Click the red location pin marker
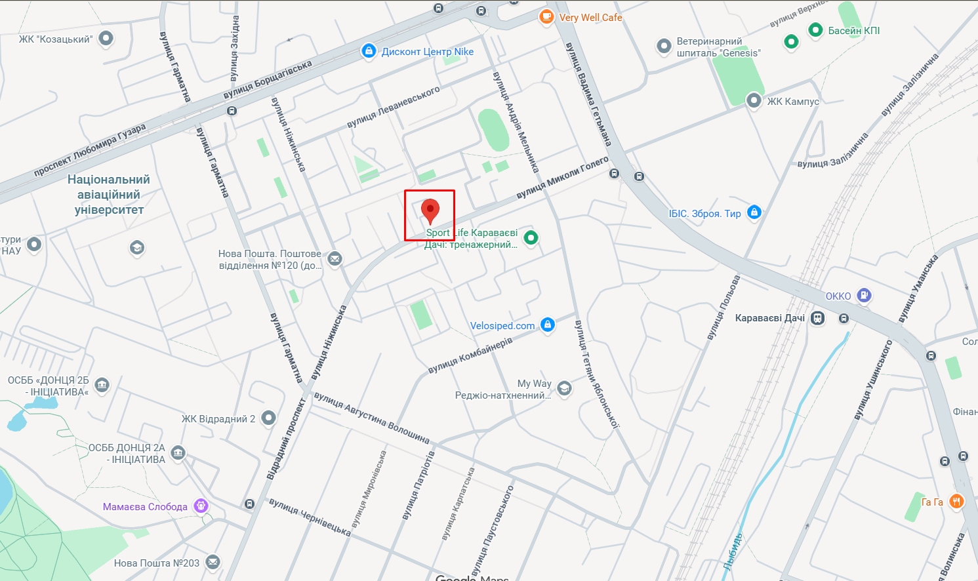(430, 211)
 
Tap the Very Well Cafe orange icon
(546, 17)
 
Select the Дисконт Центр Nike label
(427, 52)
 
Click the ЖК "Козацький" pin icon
(106, 39)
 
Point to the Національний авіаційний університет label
(109, 195)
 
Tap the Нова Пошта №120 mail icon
(335, 259)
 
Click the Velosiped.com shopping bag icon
(548, 325)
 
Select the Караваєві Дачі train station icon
(817, 318)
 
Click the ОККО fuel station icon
(865, 296)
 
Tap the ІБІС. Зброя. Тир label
(704, 214)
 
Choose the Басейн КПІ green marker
(815, 30)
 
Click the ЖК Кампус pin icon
(754, 101)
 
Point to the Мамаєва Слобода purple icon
(201, 506)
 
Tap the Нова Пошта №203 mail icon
(213, 563)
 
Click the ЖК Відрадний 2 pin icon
(268, 418)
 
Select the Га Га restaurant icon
(956, 502)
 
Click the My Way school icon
(564, 389)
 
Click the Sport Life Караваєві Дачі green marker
(531, 238)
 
